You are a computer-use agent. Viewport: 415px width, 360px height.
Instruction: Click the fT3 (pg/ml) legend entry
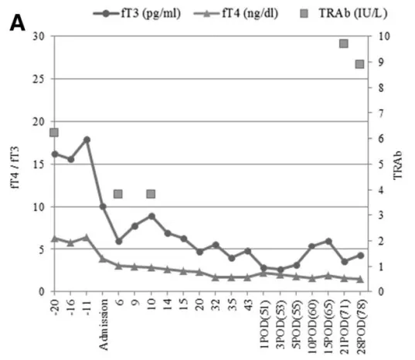pyautogui.click(x=147, y=13)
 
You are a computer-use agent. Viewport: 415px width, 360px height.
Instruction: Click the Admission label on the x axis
pyautogui.click(x=103, y=325)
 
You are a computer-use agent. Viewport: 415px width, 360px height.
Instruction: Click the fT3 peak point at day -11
pyautogui.click(x=87, y=140)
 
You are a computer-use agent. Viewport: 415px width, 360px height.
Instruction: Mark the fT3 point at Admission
pyautogui.click(x=103, y=206)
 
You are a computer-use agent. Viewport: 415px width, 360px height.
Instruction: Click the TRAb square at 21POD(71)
pyautogui.click(x=344, y=43)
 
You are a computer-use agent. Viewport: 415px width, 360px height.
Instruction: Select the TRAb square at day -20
pyautogui.click(x=54, y=133)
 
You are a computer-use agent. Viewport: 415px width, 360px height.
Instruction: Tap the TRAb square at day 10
pyautogui.click(x=151, y=194)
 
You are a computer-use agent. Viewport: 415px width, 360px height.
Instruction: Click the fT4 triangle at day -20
pyautogui.click(x=54, y=238)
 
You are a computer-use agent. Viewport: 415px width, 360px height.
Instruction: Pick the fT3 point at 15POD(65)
pyautogui.click(x=328, y=241)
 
